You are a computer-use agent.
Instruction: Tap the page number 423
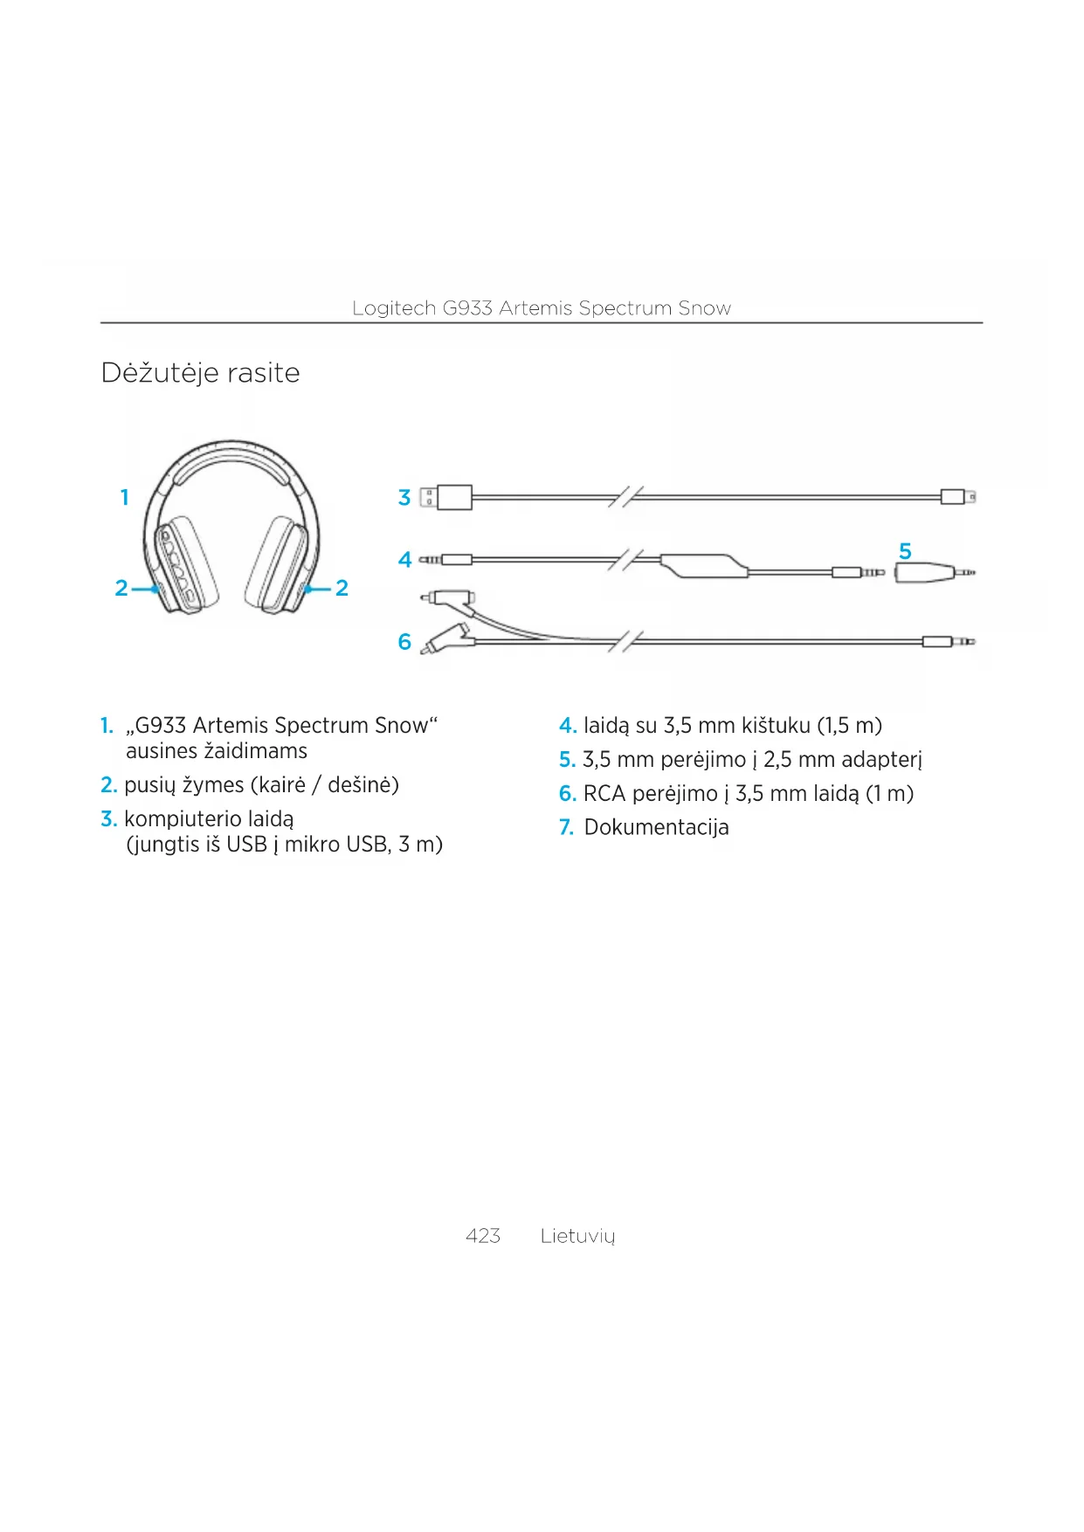point(483,1235)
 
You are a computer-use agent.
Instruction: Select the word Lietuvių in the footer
point(577,1236)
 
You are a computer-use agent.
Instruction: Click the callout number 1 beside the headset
point(125,497)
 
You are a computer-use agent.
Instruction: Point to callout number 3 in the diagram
point(404,498)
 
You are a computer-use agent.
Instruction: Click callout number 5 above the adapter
point(905,551)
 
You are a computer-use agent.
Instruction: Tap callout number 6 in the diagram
point(404,642)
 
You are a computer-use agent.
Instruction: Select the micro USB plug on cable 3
point(957,497)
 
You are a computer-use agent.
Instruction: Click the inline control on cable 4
point(704,565)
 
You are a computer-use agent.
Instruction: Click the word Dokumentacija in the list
point(656,827)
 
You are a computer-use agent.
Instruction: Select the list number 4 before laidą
point(567,726)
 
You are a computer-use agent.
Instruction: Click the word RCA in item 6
point(604,794)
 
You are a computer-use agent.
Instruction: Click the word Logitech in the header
point(393,308)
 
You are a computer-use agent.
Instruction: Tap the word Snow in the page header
point(704,308)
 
